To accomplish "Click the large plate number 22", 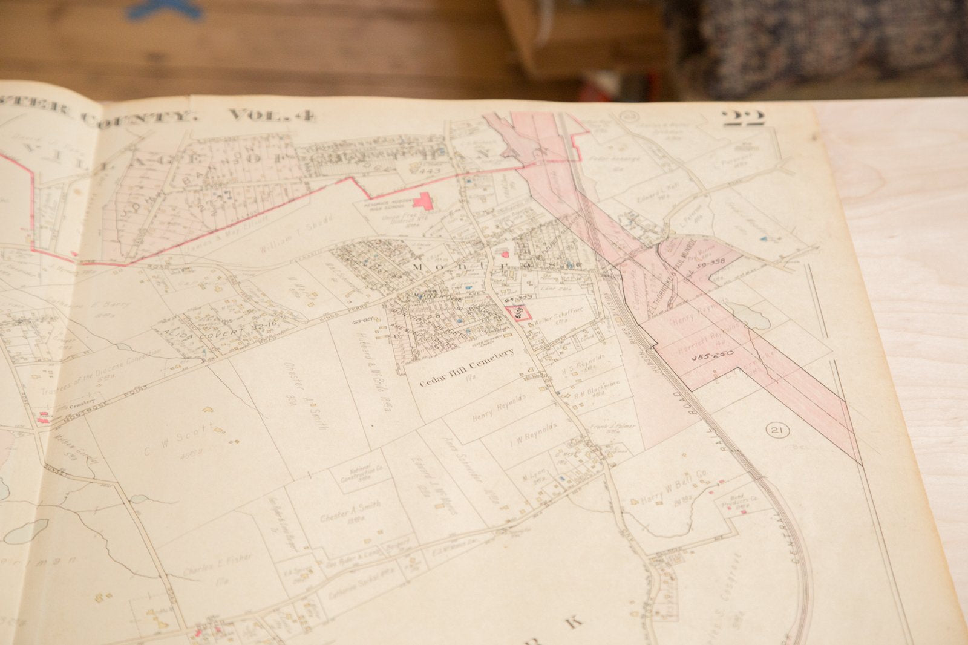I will click(743, 117).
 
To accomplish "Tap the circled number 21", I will click(776, 431).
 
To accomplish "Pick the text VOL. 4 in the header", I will click(271, 115).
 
